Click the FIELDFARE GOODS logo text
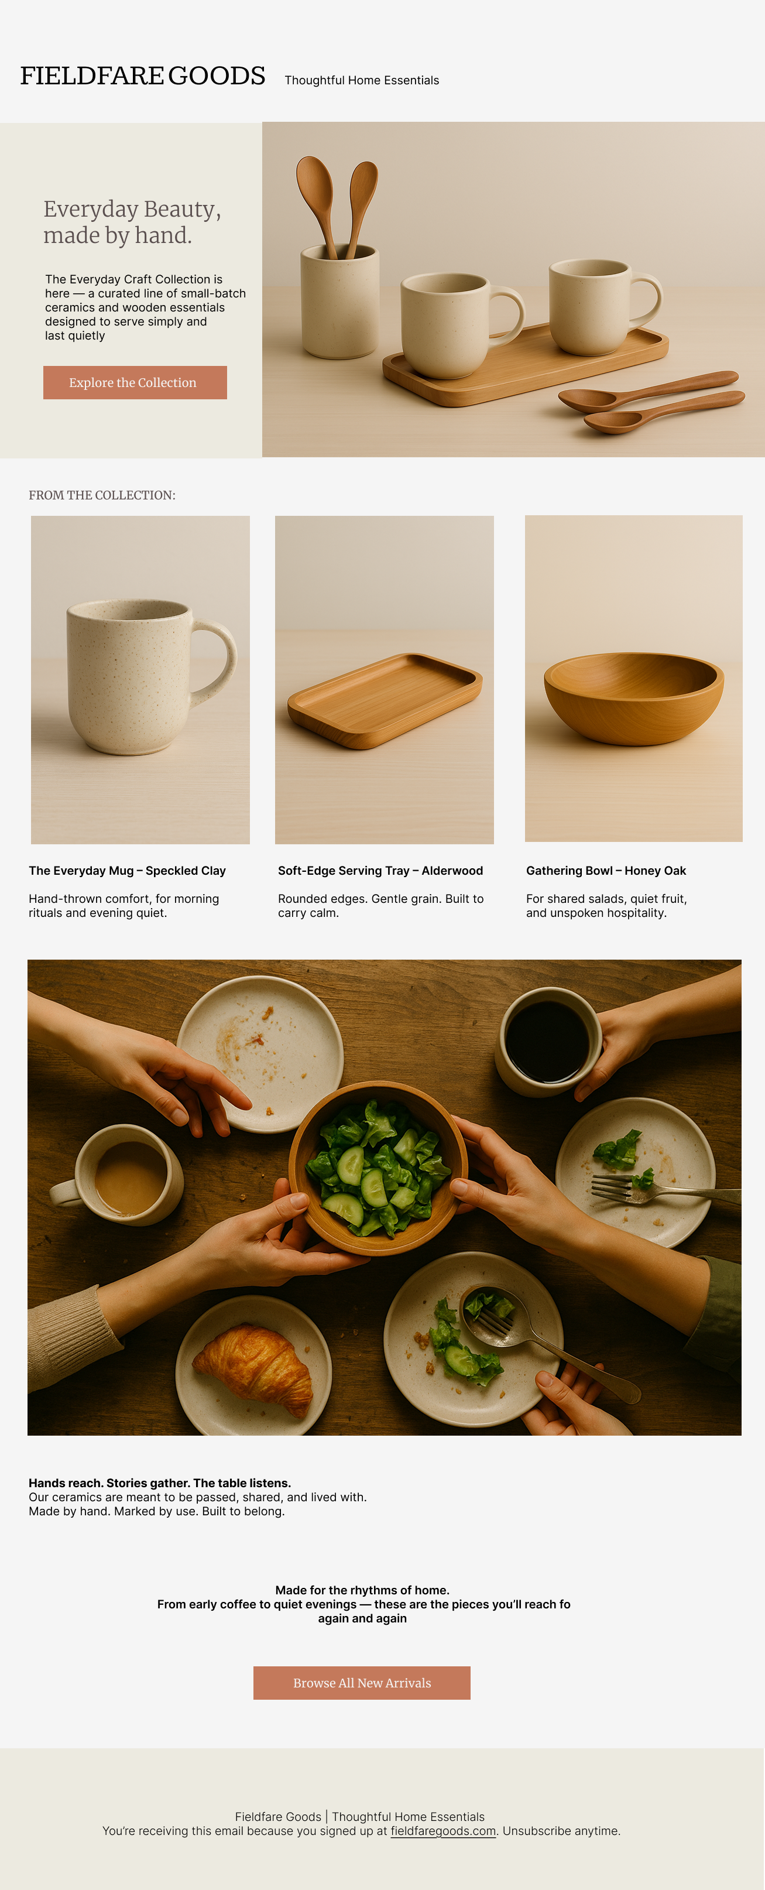click(142, 76)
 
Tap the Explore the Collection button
click(135, 382)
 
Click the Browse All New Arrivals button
click(362, 1682)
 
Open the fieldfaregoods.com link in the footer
click(443, 1830)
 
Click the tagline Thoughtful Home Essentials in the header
click(362, 80)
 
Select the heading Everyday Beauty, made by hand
click(132, 221)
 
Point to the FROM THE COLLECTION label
click(102, 495)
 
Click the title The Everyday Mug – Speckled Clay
click(128, 870)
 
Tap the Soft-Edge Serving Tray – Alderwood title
click(380, 870)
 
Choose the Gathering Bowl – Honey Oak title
click(606, 870)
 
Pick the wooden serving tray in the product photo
click(385, 701)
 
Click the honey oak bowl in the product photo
click(634, 698)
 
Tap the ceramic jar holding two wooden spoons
click(339, 302)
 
